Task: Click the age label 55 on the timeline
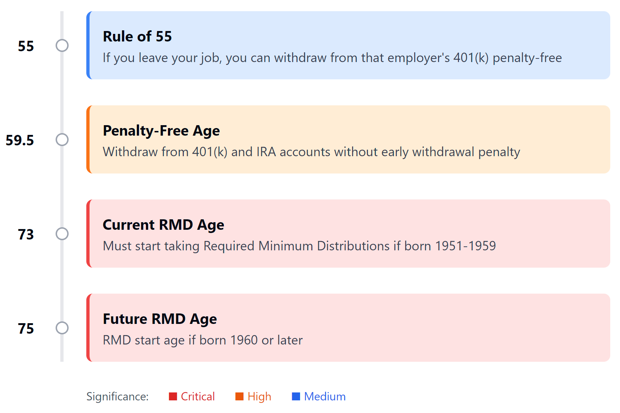(26, 46)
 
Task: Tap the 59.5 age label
(20, 140)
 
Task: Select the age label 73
(26, 234)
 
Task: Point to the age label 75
(26, 329)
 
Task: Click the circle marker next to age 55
(62, 45)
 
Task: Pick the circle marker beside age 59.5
(62, 140)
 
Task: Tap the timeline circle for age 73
(62, 234)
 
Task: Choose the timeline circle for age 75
(62, 328)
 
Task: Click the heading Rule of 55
(137, 36)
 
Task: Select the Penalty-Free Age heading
(161, 131)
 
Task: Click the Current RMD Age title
(163, 225)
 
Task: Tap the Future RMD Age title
(160, 319)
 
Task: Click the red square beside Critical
(173, 396)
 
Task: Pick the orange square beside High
(239, 396)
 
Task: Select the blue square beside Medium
(296, 396)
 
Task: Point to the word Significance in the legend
(117, 396)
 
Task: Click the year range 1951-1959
(465, 246)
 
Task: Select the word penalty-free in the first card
(527, 58)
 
